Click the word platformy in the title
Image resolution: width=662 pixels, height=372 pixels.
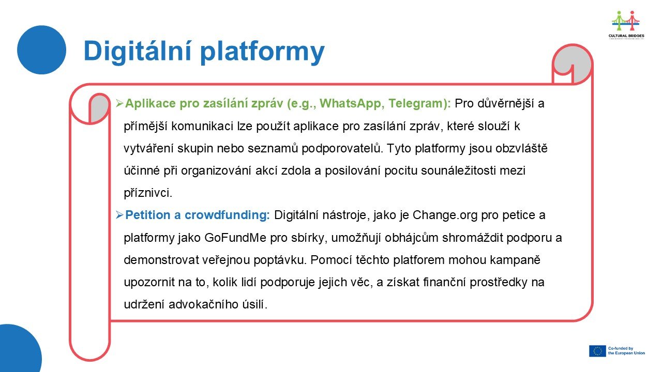point(262,53)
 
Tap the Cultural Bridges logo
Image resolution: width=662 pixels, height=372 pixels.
point(626,25)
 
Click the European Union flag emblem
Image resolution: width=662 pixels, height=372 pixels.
point(597,351)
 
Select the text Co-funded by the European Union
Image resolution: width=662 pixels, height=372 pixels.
point(626,351)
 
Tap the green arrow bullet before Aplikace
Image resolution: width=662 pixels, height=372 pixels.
point(119,103)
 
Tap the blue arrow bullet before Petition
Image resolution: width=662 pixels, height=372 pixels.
point(119,215)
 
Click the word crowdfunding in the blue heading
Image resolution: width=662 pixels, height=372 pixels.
point(227,215)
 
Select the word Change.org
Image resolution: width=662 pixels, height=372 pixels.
point(445,215)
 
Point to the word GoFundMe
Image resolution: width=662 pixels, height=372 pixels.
point(235,238)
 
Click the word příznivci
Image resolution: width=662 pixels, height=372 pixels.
point(148,193)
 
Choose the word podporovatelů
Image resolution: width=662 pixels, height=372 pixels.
point(342,149)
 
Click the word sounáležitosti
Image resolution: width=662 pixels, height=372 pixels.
point(462,171)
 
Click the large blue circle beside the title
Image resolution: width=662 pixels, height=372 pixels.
point(42,50)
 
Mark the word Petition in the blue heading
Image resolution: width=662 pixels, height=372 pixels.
point(148,215)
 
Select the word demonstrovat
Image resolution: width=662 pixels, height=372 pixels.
point(161,260)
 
